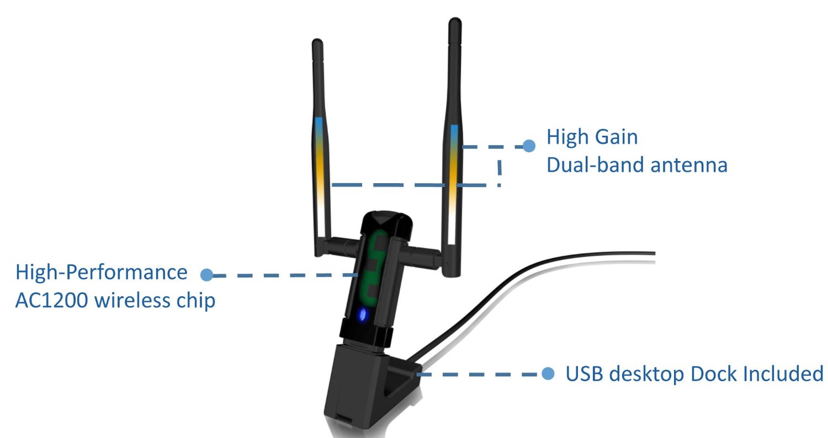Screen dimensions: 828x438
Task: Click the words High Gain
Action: (592, 137)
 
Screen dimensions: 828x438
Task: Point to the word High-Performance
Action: (101, 273)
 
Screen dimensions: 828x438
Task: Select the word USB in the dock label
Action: (583, 374)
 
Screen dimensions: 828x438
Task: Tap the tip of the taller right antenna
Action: (455, 23)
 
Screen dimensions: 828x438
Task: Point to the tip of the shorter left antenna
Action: (317, 42)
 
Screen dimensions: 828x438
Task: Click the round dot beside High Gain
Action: (529, 146)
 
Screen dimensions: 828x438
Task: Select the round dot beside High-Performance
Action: (206, 274)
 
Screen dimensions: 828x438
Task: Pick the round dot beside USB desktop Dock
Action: (548, 374)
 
